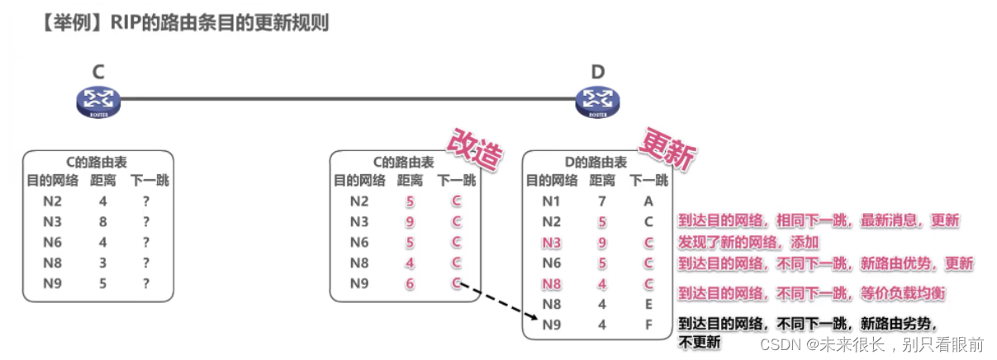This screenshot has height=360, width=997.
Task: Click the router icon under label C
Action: (98, 102)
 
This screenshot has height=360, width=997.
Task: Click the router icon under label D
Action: (597, 102)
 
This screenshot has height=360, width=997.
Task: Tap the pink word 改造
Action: (474, 150)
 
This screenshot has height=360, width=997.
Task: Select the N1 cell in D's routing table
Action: (552, 201)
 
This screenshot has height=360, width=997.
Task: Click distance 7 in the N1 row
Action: (601, 201)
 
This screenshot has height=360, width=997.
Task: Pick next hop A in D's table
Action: (648, 201)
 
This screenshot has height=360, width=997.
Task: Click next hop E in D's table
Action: (648, 304)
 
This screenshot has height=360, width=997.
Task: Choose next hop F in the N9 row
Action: (648, 324)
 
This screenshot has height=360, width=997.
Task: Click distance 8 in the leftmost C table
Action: (102, 221)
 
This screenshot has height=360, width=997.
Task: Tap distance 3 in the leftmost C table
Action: (102, 263)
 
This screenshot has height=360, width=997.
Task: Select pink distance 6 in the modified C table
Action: (410, 283)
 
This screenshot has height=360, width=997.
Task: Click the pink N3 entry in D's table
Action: (552, 243)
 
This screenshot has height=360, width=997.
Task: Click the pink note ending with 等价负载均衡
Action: (812, 293)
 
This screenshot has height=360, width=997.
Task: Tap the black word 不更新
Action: (699, 341)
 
